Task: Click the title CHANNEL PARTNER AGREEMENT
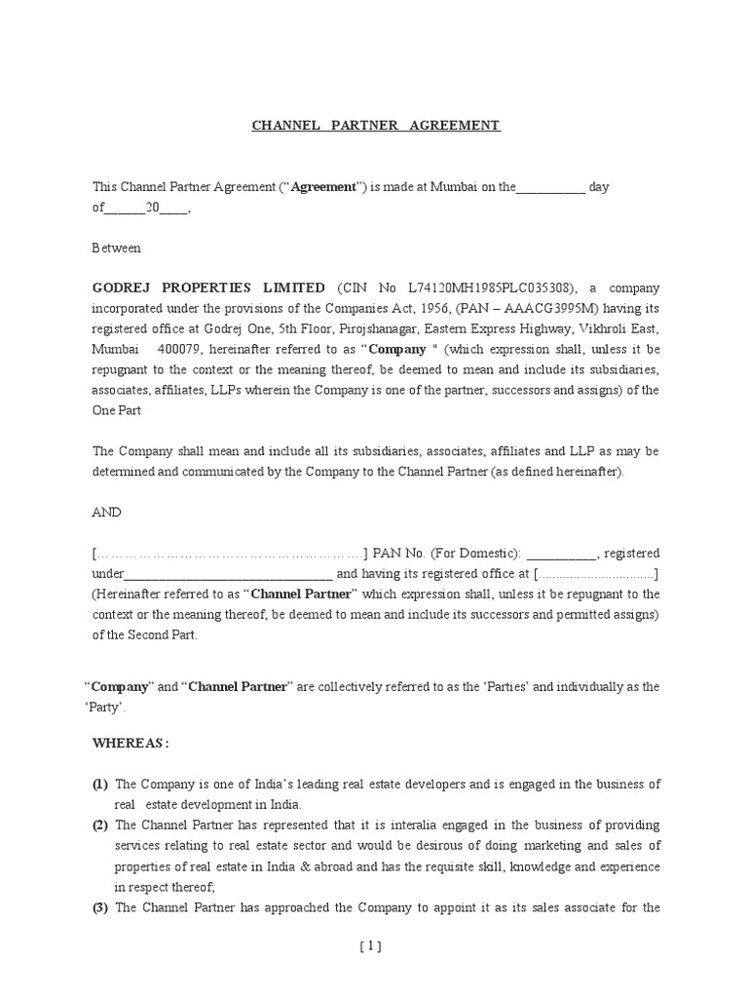pyautogui.click(x=376, y=126)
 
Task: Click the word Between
pyautogui.click(x=116, y=248)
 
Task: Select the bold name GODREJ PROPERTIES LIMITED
pyautogui.click(x=208, y=288)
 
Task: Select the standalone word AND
pyautogui.click(x=107, y=512)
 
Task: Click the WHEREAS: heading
pyautogui.click(x=131, y=744)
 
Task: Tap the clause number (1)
pyautogui.click(x=100, y=785)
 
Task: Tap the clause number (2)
pyautogui.click(x=100, y=825)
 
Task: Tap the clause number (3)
pyautogui.click(x=100, y=907)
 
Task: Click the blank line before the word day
pyautogui.click(x=550, y=187)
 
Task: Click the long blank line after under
pyautogui.click(x=229, y=574)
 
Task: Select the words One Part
pyautogui.click(x=117, y=410)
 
